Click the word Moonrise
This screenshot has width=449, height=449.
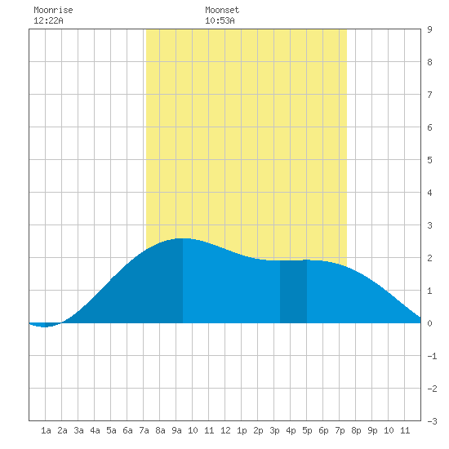[x=53, y=10]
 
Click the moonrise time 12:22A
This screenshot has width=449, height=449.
[x=48, y=20]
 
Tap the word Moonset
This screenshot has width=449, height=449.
[x=222, y=10]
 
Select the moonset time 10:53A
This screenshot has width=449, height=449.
[x=220, y=20]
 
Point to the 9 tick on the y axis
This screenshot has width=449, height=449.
[x=429, y=29]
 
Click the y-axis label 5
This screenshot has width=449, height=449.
[x=429, y=160]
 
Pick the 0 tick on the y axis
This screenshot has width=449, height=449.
[x=429, y=323]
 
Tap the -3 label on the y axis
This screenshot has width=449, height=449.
[x=432, y=421]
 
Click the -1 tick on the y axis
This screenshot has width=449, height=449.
[x=432, y=356]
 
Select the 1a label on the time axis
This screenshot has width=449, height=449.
[x=46, y=430]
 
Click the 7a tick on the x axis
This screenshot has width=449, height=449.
[x=144, y=430]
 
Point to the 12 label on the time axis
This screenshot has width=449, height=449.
[x=225, y=430]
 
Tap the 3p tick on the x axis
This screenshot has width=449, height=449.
[x=274, y=430]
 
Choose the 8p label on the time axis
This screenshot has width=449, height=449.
[x=356, y=430]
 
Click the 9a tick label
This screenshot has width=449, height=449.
[x=176, y=430]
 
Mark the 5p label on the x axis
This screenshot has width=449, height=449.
[x=307, y=430]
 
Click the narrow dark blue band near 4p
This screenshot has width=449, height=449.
[x=293, y=291]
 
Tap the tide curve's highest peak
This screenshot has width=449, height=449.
[x=183, y=238]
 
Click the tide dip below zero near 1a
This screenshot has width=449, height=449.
[x=44, y=325]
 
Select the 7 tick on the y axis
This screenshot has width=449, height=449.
[x=429, y=95]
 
